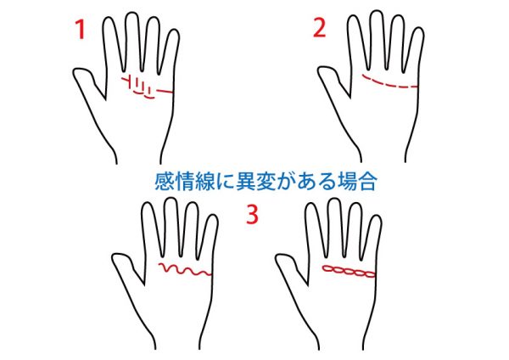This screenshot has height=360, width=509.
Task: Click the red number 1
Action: pos(81,30)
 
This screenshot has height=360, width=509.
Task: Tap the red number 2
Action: pos(319,27)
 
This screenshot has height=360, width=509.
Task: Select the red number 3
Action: pos(253,215)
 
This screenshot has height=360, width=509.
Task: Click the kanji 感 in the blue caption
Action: pos(165,182)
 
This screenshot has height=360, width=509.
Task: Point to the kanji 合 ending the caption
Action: pos(366,182)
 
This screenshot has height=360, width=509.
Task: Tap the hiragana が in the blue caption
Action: pos(286,182)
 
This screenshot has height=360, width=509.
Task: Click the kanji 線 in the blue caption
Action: pos(204,182)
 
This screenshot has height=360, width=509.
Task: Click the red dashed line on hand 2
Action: pos(389,84)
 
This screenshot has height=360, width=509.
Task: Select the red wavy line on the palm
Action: pos(185,269)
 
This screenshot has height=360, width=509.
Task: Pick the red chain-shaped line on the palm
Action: pos(349,272)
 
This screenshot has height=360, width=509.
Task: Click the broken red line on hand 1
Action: pos(146,87)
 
